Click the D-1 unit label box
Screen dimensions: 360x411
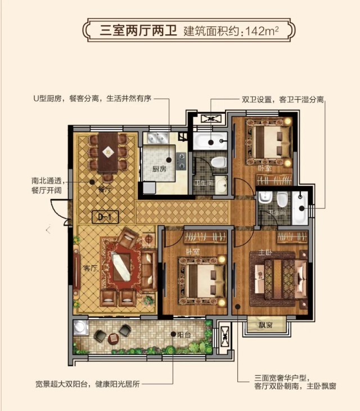(x=105, y=217)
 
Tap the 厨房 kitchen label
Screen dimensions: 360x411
(x=159, y=169)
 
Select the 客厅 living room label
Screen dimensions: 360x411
(x=91, y=268)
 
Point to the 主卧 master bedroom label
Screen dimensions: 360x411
(x=265, y=253)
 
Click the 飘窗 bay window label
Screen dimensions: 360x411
(x=265, y=325)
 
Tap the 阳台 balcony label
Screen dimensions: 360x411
(x=184, y=335)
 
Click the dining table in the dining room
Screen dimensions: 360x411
(x=108, y=152)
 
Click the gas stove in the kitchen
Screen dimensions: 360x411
(x=181, y=160)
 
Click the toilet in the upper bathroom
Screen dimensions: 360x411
(x=218, y=162)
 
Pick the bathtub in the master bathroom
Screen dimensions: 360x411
(x=300, y=208)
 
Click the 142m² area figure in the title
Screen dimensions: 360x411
(x=262, y=31)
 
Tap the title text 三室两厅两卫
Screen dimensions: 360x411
(x=138, y=31)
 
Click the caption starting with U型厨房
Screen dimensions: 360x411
(x=92, y=99)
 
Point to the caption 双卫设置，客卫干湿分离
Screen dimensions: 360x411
(x=283, y=100)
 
